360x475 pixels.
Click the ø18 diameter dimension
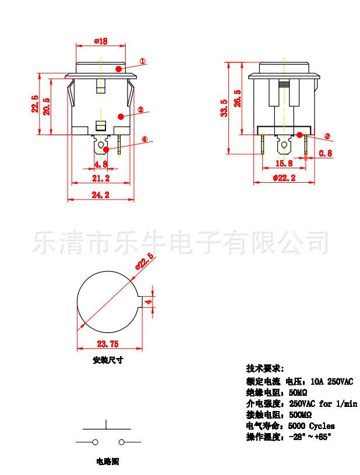(100, 41)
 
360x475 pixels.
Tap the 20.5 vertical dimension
(47, 107)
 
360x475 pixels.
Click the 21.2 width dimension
(101, 178)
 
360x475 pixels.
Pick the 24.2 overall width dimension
(101, 196)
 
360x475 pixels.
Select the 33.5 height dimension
(224, 107)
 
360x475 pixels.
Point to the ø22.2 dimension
(284, 178)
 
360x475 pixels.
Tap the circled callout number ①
(143, 61)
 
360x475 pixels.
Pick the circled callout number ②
(140, 109)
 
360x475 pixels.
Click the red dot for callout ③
(299, 135)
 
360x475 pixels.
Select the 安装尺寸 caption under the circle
(108, 360)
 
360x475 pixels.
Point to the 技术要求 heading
(265, 368)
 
